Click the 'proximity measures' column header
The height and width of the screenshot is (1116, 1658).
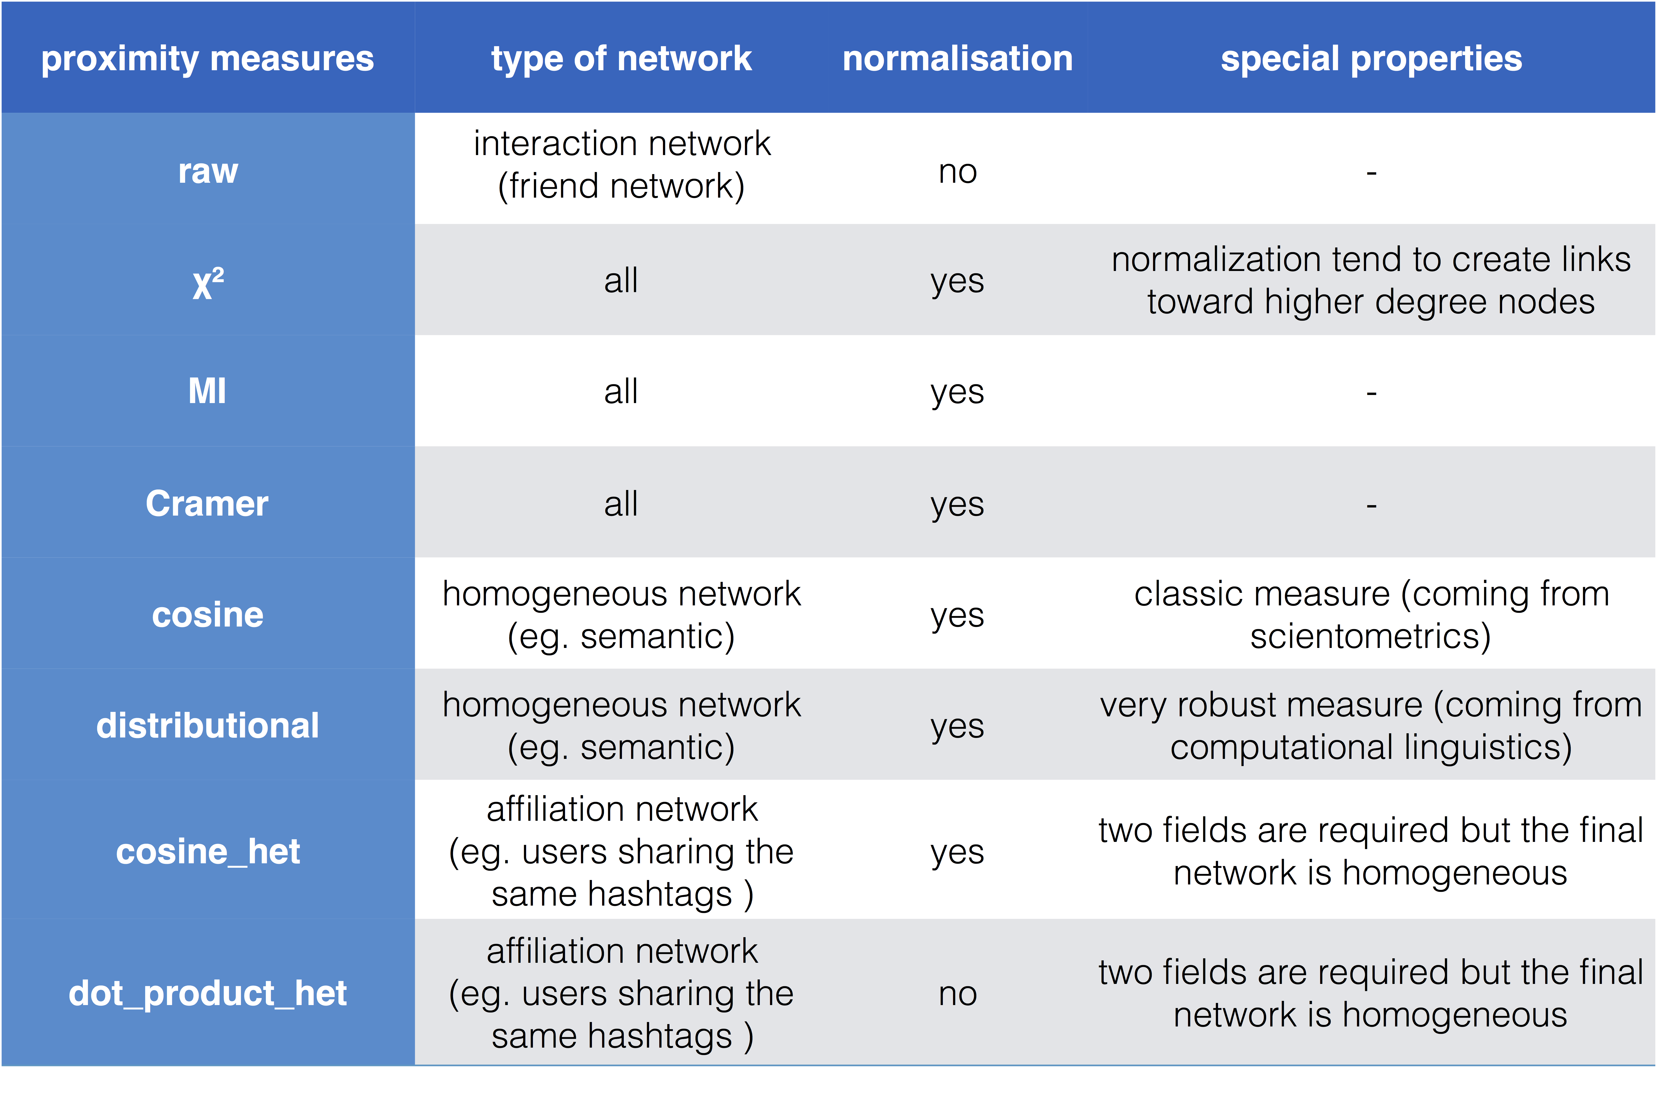[207, 58]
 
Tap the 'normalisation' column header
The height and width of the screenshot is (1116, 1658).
[957, 58]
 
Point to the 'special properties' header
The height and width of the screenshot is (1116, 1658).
[1371, 58]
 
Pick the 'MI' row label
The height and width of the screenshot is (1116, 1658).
[207, 391]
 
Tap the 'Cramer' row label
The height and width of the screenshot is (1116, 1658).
[207, 503]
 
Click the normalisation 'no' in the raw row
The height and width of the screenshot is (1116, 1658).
[957, 172]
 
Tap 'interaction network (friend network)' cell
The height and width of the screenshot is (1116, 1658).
[621, 164]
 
